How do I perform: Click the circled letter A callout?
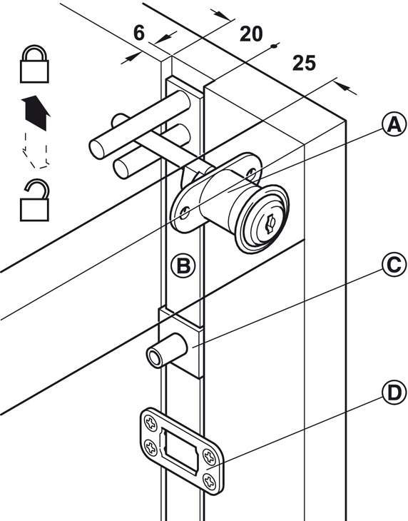pyautogui.click(x=394, y=125)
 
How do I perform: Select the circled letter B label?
pyautogui.click(x=183, y=265)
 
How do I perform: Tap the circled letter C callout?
pyautogui.click(x=394, y=265)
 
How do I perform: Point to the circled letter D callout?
pyautogui.click(x=394, y=393)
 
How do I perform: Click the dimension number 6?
pyautogui.click(x=139, y=34)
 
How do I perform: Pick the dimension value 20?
pyautogui.click(x=251, y=34)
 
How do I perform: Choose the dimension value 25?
pyautogui.click(x=304, y=63)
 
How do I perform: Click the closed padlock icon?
pyautogui.click(x=34, y=64)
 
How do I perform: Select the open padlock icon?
pyautogui.click(x=34, y=201)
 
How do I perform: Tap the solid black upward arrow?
pyautogui.click(x=36, y=112)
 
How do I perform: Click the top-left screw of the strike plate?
pyautogui.click(x=151, y=423)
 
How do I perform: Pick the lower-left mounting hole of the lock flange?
pyautogui.click(x=185, y=212)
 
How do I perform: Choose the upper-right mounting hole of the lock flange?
pyautogui.click(x=251, y=173)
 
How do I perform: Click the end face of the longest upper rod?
pyautogui.click(x=96, y=150)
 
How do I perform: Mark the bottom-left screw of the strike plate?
pyautogui.click(x=151, y=447)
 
